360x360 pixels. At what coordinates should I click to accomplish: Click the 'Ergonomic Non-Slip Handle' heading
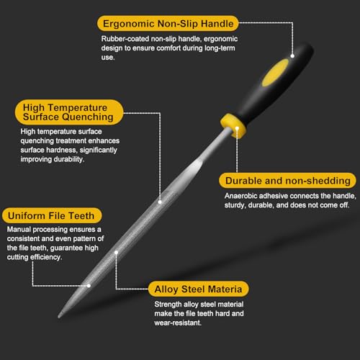coord(168,24)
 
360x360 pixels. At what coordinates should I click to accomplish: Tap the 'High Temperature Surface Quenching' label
coord(68,112)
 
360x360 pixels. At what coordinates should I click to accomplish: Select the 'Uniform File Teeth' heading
coord(51,215)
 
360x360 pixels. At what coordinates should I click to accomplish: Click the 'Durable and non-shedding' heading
coord(288,181)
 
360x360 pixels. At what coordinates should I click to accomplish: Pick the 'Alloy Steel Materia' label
coord(198,289)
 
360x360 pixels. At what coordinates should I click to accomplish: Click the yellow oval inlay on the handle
coord(275,73)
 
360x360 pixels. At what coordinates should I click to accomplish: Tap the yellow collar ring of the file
coord(233,126)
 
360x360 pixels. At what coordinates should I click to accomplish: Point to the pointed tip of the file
coord(59,316)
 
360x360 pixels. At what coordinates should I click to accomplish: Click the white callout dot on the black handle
coord(292,56)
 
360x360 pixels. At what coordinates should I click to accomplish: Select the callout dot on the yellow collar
coord(237,128)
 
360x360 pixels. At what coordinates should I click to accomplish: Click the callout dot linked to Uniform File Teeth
coord(89,286)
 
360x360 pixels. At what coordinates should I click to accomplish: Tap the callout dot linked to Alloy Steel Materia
coord(116,253)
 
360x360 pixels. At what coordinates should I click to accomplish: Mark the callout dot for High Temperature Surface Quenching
coord(160,202)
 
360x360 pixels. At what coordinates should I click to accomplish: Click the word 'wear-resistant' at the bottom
coord(178,323)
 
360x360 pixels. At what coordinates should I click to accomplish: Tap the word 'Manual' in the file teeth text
coord(19,230)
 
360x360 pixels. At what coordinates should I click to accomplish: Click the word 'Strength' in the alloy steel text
coord(168,305)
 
